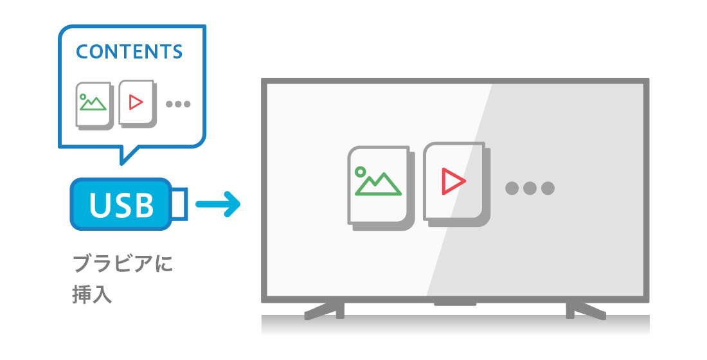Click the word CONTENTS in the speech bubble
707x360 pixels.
point(129,52)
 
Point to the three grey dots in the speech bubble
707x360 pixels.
point(178,104)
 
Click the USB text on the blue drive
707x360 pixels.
point(122,205)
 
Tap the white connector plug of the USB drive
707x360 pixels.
point(179,204)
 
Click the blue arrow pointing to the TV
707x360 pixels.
point(218,205)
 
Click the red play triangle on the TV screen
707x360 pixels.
point(452,182)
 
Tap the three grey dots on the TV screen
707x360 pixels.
point(530,188)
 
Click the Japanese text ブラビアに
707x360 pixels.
point(123,264)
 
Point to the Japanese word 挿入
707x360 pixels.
point(93,294)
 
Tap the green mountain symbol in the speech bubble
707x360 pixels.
point(93,102)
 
